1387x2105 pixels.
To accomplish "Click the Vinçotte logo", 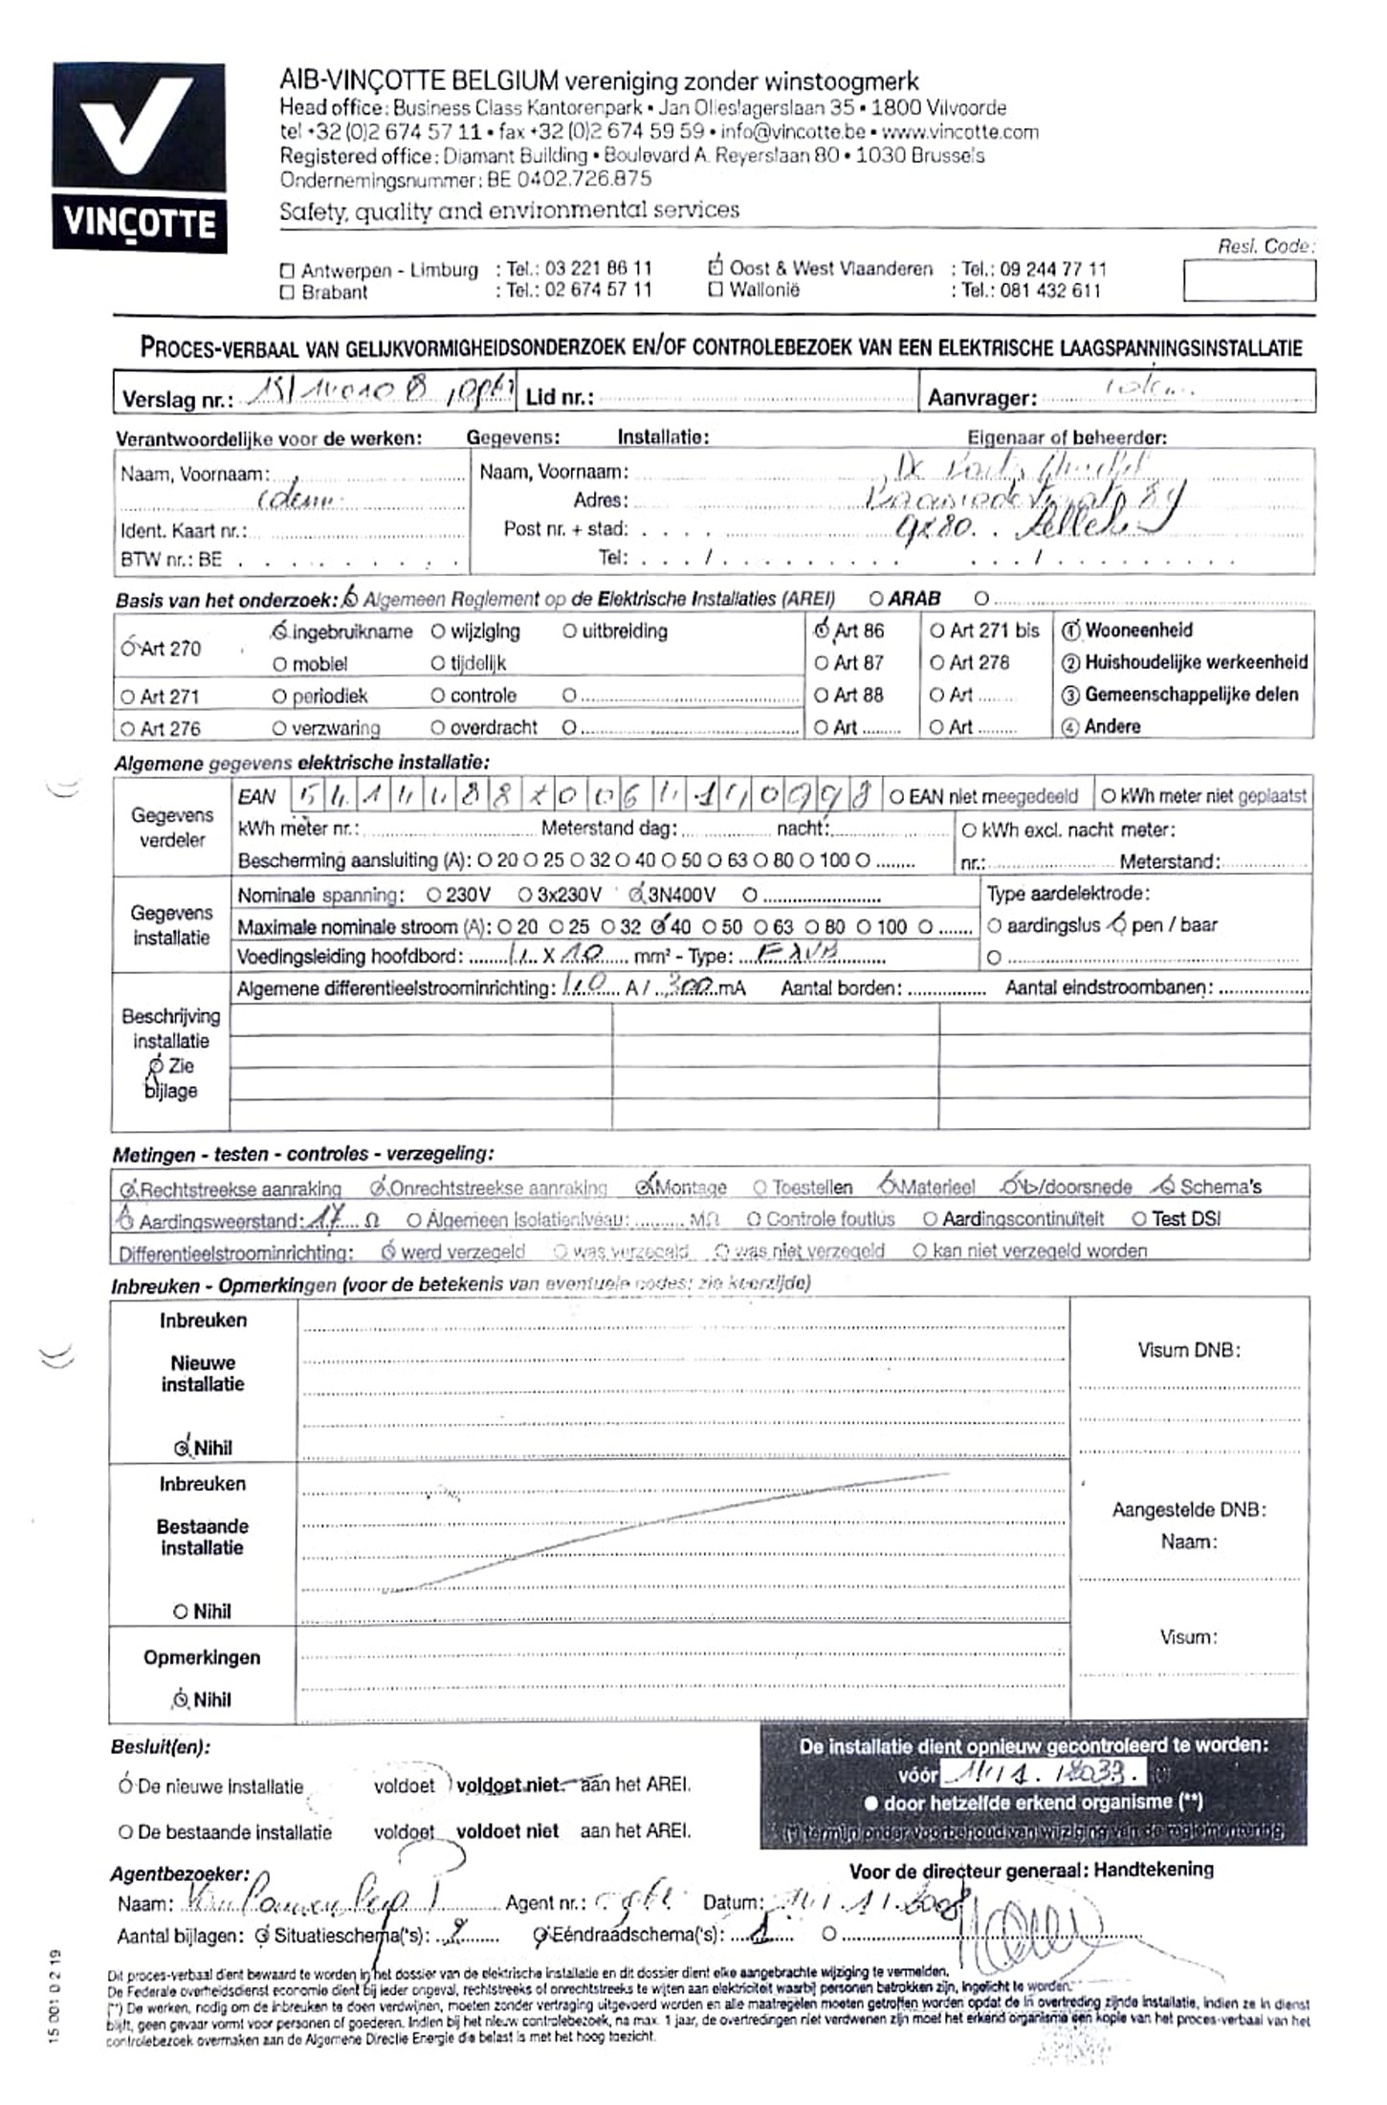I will click(x=140, y=158).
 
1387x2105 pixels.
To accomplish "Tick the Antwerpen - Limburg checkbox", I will click(x=287, y=271).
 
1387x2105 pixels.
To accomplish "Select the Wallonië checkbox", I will click(x=715, y=291).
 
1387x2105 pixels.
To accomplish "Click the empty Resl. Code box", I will click(x=1248, y=281).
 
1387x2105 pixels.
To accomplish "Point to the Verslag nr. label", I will click(x=177, y=399).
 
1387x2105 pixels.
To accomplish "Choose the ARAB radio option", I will click(x=875, y=599).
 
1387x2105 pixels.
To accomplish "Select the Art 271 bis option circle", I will click(x=936, y=631).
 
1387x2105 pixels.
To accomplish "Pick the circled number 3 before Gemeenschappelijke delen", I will click(x=1070, y=696).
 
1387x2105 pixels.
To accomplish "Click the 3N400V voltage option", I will click(x=636, y=896).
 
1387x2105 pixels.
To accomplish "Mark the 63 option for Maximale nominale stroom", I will click(x=760, y=926).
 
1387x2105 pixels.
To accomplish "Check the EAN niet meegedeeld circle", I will click(x=896, y=796).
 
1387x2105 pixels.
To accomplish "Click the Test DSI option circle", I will click(x=1138, y=1219).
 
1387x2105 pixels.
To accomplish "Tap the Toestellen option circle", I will click(x=760, y=1188).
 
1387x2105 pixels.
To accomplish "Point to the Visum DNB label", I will click(x=1188, y=1350).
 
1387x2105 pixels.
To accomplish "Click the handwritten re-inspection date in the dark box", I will click(x=1042, y=1773).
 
